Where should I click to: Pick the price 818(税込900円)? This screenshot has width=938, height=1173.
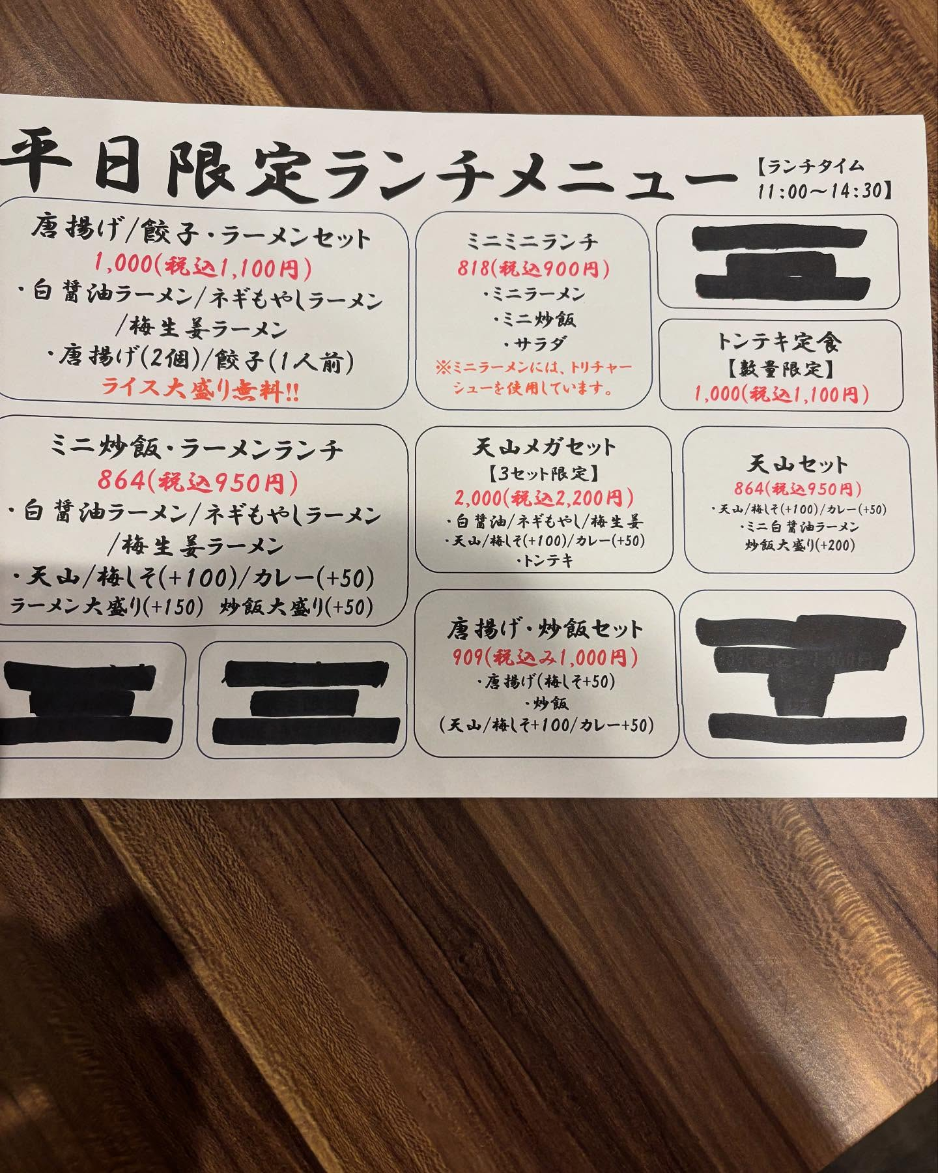(x=533, y=268)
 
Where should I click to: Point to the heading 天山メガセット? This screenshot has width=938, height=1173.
(x=543, y=448)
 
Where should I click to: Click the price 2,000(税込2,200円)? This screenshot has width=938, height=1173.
(x=544, y=499)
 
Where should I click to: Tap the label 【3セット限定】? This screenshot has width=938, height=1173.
(x=543, y=472)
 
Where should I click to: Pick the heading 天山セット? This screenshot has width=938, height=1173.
(x=797, y=465)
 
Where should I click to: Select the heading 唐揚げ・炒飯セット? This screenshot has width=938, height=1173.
(x=545, y=629)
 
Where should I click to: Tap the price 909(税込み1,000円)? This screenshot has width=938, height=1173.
(x=545, y=657)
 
